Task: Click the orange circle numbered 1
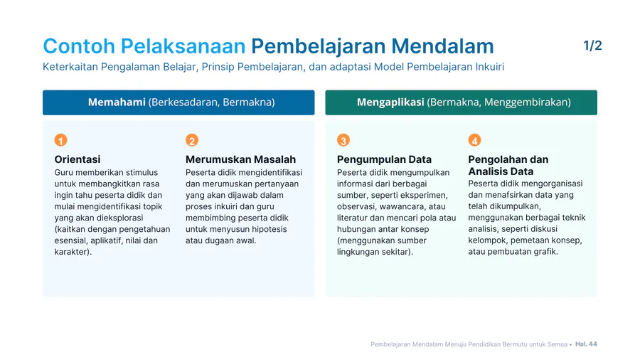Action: pos(61,140)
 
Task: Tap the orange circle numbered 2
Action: pos(192,140)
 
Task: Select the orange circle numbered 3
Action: pos(343,140)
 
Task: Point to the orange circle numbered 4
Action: pos(474,140)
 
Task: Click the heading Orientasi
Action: pos(77,159)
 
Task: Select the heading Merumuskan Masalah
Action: pos(240,159)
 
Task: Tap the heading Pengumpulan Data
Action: pos(384,159)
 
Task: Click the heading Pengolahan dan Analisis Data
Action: pos(508,165)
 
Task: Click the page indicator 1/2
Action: pos(592,46)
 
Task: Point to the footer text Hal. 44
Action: pos(586,344)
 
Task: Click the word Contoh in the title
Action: pos(79,46)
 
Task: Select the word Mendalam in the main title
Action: pos(442,46)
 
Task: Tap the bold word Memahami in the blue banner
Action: pos(117,102)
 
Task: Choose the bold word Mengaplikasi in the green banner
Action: pos(390,102)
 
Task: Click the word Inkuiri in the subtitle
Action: pos(490,67)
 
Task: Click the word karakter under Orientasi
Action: pos(71,252)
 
